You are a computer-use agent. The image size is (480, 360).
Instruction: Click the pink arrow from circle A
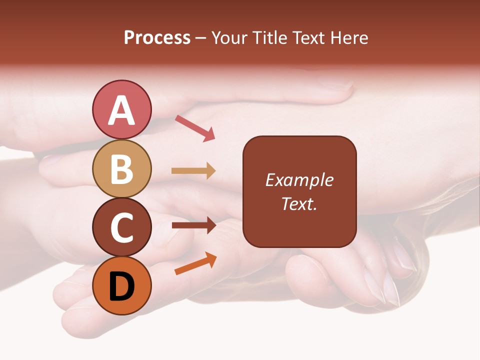coord(195,127)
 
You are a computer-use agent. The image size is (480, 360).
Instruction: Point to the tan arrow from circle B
coord(193,171)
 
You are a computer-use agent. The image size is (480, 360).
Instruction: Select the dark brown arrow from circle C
coord(193,225)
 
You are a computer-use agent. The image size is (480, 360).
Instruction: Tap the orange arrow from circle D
coord(195,263)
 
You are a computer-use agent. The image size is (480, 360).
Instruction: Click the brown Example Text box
coord(299,220)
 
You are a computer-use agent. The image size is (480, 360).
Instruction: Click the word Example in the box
coord(299,180)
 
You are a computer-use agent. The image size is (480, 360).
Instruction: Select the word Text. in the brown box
coord(299,203)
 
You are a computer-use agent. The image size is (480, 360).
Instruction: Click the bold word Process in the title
coord(157,37)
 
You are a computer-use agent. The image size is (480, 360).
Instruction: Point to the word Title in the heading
coord(270,37)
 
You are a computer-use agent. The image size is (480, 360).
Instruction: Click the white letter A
coord(122,110)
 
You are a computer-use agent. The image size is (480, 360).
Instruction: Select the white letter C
coord(122,228)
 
